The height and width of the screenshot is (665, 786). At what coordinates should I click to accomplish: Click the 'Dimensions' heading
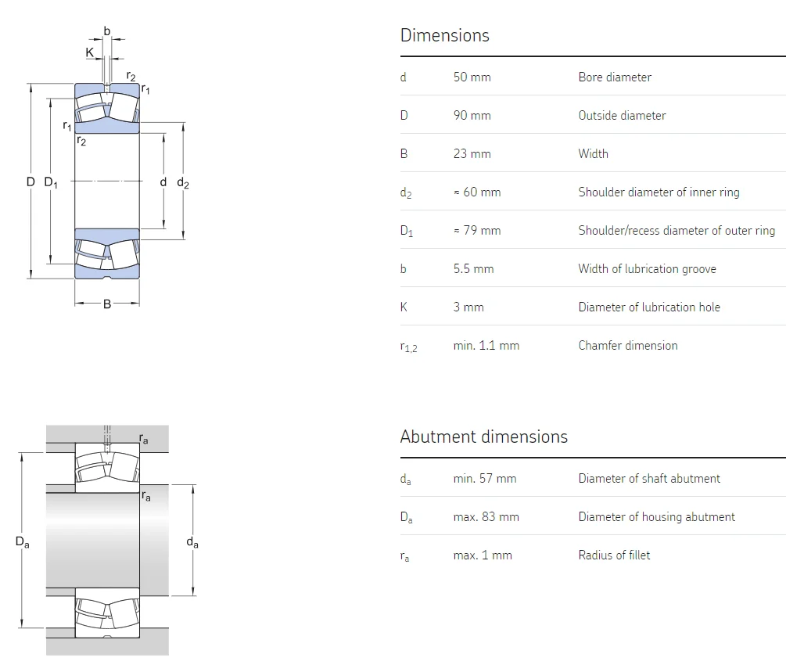point(444,35)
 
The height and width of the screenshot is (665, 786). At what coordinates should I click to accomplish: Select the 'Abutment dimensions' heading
point(483,437)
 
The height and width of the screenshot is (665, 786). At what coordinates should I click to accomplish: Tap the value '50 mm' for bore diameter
point(472,77)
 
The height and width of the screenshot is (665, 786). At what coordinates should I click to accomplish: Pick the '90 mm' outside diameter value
point(472,115)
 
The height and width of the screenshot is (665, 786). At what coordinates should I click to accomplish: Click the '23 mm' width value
point(472,153)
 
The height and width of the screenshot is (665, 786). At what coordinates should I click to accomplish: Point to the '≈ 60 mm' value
point(476,192)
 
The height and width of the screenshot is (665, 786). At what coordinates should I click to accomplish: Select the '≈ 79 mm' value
point(476,230)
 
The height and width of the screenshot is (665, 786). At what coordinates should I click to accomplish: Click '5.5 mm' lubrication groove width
point(473,268)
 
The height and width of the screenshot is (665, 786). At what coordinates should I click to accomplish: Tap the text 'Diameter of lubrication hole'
point(649,307)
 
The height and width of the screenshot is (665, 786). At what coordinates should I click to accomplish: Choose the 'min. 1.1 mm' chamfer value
point(486,345)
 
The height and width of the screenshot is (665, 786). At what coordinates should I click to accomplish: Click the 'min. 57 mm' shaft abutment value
point(484,478)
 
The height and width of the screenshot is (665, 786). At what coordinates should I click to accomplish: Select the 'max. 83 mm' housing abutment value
point(486,516)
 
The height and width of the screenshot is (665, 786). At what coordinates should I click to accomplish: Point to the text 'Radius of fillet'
point(614,555)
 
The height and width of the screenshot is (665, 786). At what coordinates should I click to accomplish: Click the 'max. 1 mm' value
point(482,555)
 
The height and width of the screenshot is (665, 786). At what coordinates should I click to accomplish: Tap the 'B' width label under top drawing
point(107,304)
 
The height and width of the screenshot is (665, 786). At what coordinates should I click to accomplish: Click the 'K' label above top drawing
point(90,52)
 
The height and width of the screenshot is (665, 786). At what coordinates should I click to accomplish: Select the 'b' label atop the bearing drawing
point(107,31)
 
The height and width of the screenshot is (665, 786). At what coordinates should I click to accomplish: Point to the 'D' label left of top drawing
point(31,182)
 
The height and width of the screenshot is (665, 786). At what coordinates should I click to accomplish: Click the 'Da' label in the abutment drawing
point(22,541)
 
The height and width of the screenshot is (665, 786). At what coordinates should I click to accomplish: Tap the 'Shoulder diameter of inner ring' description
point(659,192)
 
